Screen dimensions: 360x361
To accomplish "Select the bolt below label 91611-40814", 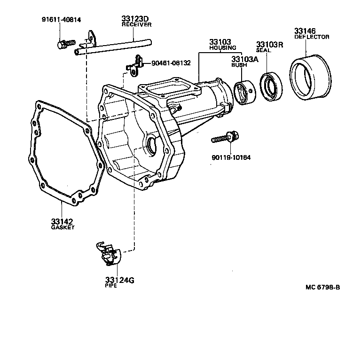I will point(65,44).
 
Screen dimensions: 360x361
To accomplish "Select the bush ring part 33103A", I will point(245,94).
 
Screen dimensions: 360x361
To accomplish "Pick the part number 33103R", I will point(269,46).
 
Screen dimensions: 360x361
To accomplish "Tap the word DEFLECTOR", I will point(312,37).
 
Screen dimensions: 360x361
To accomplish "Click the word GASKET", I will point(63,227).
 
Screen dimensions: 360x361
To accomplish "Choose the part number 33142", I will point(63,221).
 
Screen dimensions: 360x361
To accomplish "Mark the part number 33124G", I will point(119,280).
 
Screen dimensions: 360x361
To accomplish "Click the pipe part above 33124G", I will point(108,253).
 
